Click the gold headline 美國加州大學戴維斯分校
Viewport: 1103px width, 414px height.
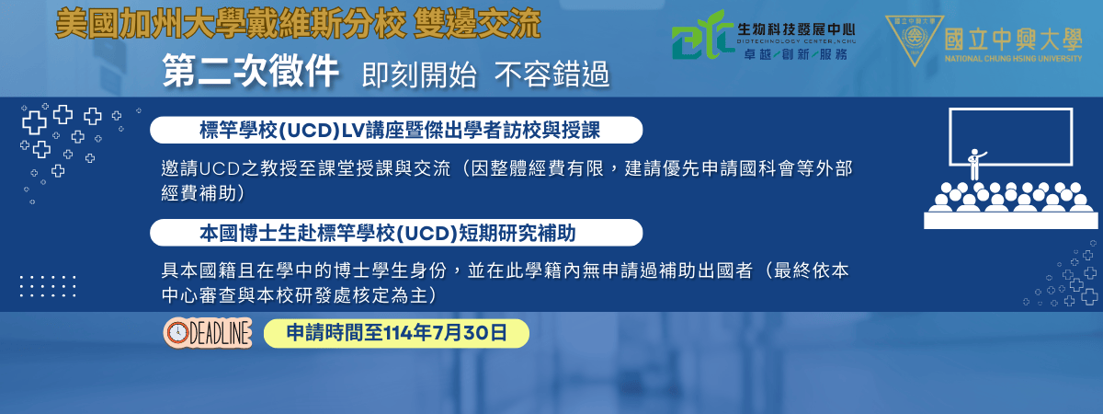coord(231,24)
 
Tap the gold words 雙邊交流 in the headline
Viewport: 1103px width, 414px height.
coord(477,24)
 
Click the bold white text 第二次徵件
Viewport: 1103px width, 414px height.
coord(250,72)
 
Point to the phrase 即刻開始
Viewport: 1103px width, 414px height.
coord(419,75)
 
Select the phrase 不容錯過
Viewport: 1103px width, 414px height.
coord(552,75)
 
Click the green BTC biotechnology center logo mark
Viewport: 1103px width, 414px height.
coord(701,36)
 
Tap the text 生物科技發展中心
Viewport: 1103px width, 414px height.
coord(796,29)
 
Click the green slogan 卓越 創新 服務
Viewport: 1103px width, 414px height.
coord(796,54)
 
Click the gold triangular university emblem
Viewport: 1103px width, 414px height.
coord(915,40)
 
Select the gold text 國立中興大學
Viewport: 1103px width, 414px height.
coord(1013,40)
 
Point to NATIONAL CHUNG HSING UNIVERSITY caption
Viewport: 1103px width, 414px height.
coord(1013,59)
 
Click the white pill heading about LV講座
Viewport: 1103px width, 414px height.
coord(396,130)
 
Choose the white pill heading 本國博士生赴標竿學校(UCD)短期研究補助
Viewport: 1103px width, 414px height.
coord(396,233)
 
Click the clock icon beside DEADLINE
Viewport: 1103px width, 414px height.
coord(176,333)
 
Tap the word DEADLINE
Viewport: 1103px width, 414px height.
coord(220,334)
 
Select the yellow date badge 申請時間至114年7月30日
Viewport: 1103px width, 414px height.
coord(396,333)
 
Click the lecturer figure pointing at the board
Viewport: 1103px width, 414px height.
coord(975,164)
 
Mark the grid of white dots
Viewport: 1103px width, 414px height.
coord(48,286)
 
